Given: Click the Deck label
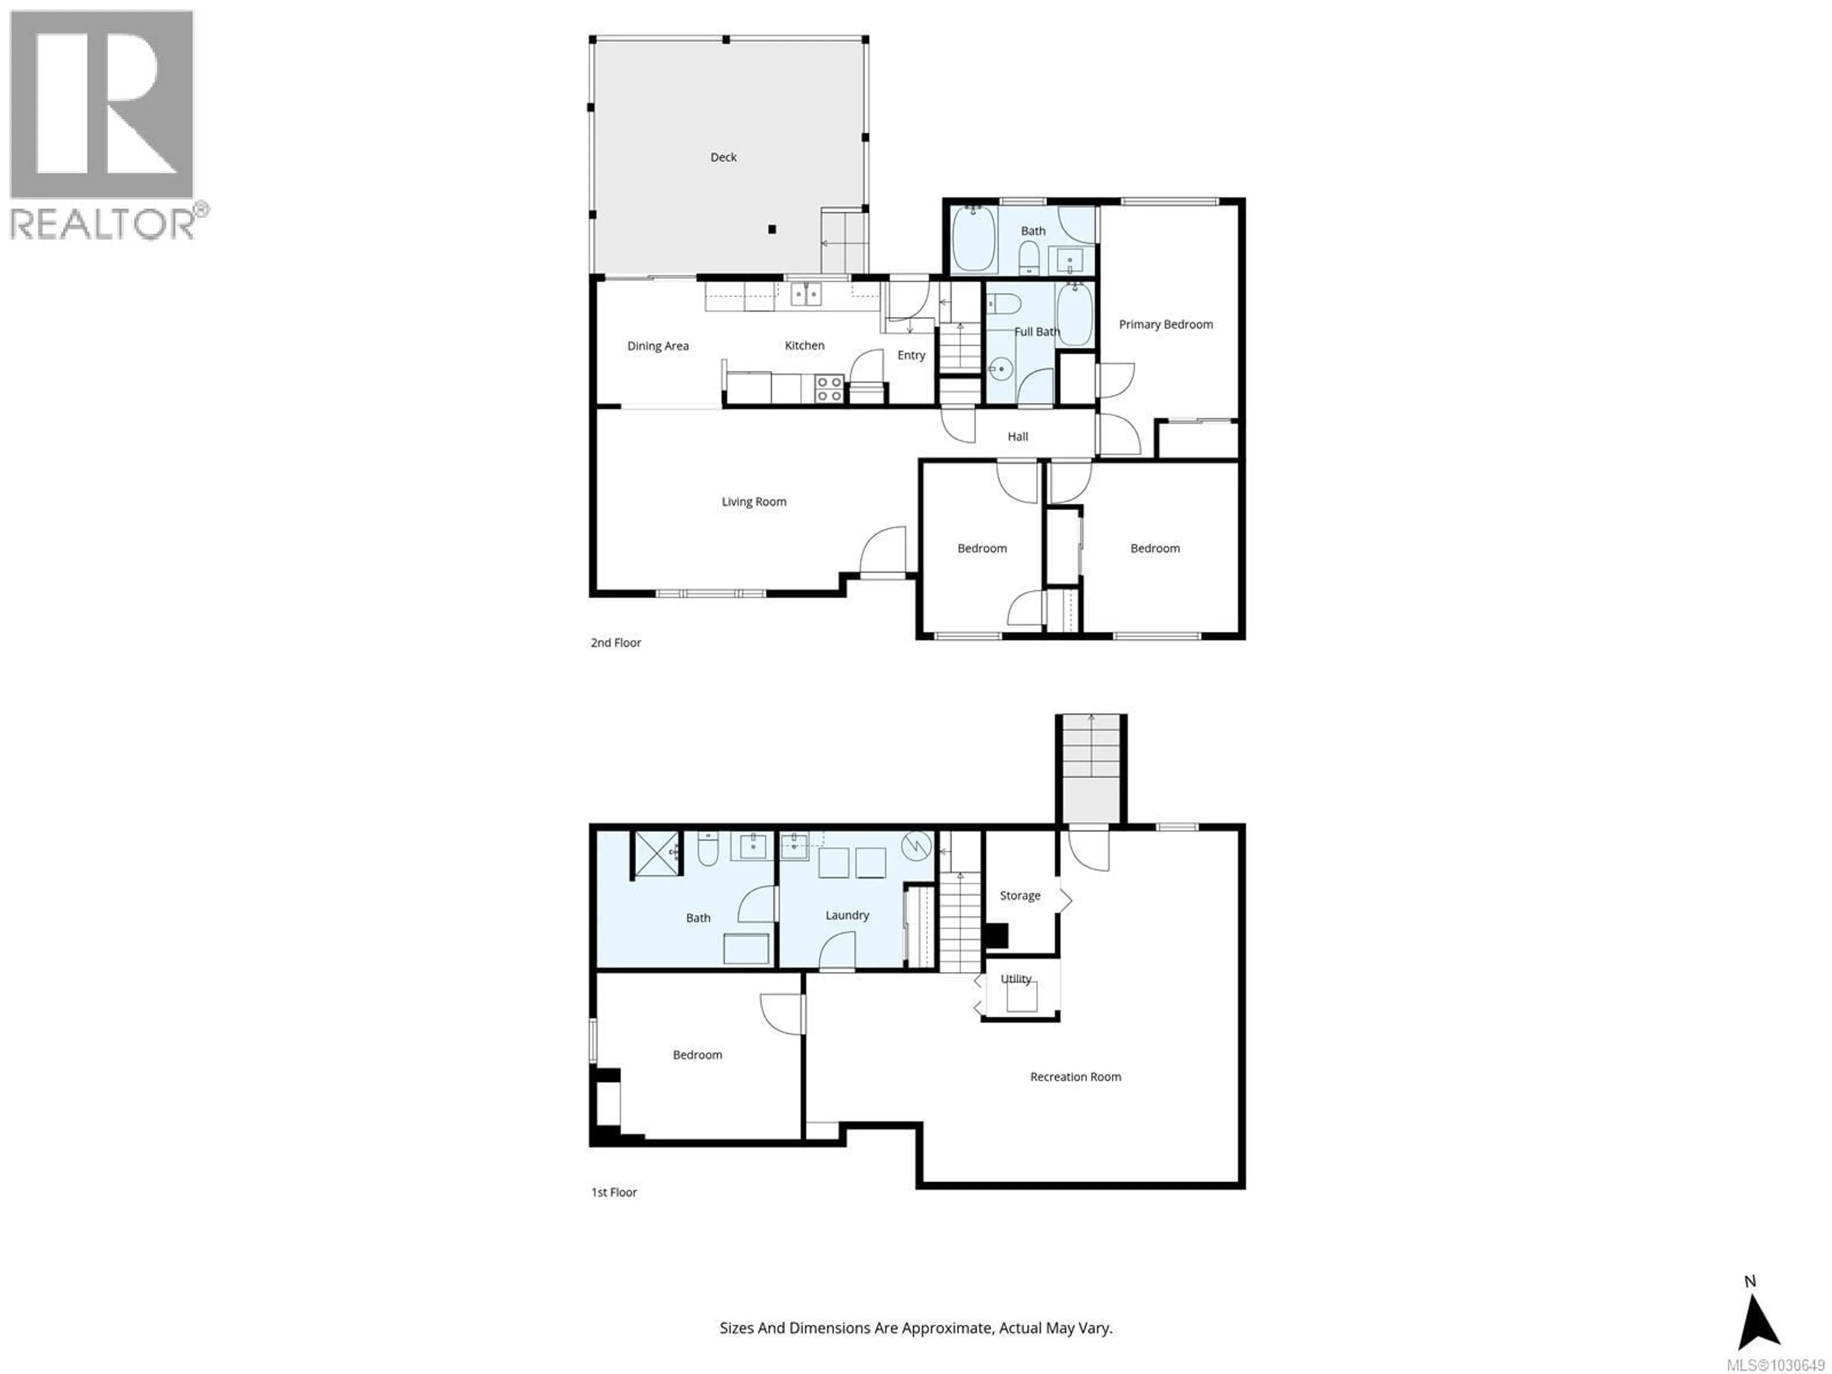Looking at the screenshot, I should tap(723, 157).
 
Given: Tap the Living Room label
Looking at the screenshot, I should tap(754, 502).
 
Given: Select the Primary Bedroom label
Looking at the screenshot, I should tap(1166, 325).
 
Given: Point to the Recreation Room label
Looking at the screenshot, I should tap(1075, 1077).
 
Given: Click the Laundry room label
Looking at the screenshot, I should tap(846, 915).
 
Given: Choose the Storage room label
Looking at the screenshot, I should tap(1020, 895).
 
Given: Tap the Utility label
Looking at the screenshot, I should tap(1016, 979).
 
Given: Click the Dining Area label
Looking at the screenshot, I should tap(657, 346).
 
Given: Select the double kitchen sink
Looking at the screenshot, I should tap(805, 293).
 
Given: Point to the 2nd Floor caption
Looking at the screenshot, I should tap(615, 643).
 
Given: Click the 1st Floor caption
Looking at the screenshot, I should tap(614, 1193).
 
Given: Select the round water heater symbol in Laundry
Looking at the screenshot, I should tap(916, 845).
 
